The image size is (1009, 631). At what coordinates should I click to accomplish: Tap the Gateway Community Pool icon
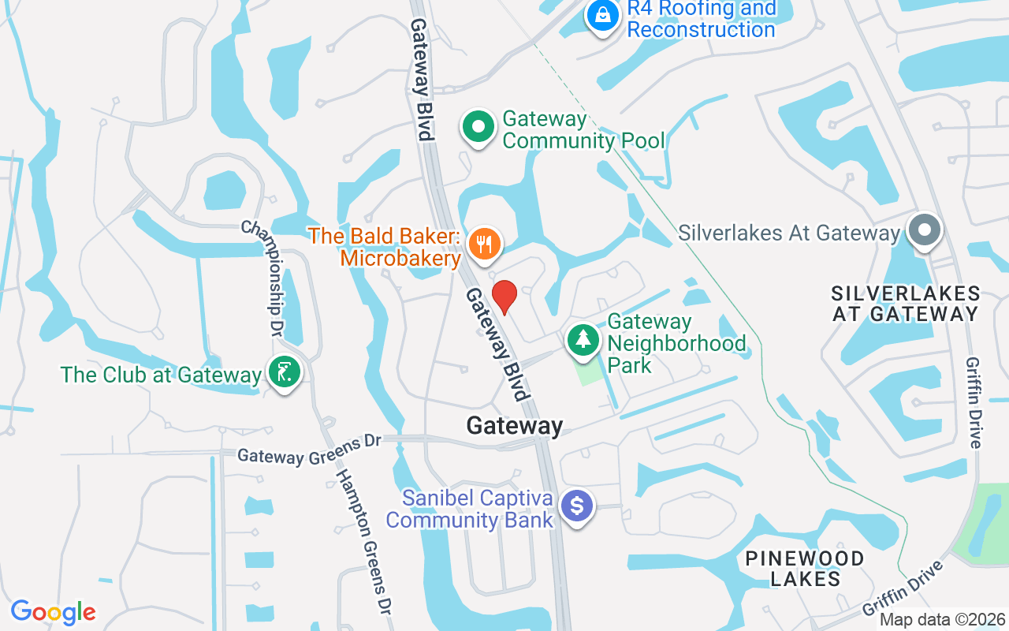(478, 127)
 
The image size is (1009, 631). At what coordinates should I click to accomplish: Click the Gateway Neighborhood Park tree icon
(583, 340)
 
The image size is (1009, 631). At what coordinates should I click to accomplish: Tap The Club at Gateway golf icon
(283, 372)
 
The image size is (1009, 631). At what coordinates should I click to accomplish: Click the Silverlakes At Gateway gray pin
(925, 231)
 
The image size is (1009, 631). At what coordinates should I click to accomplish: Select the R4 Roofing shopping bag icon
(603, 16)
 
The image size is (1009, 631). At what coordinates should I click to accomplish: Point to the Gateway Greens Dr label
(309, 450)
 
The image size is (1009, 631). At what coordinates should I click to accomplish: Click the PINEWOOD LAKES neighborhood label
(805, 569)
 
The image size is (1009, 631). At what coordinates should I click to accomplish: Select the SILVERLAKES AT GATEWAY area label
(906, 304)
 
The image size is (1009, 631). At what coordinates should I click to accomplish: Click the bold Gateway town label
(515, 426)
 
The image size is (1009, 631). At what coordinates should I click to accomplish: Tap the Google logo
(53, 612)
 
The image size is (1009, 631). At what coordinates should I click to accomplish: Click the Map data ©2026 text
(942, 619)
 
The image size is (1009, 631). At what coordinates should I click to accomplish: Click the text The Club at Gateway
(161, 375)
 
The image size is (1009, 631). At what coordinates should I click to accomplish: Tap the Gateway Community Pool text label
(583, 130)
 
